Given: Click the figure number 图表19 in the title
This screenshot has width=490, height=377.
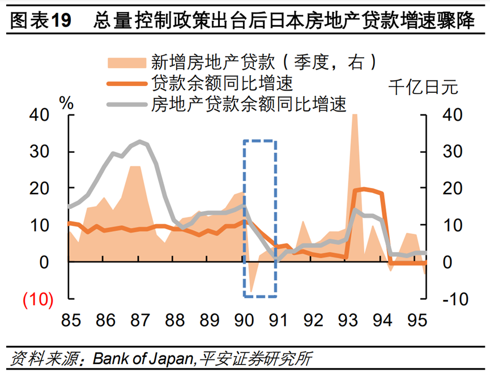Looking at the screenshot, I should [x=41, y=22].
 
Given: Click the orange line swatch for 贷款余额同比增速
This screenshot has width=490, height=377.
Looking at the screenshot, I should [x=126, y=83].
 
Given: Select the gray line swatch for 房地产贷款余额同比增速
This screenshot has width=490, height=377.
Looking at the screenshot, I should [x=126, y=103].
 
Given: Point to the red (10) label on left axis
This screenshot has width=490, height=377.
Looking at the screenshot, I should [x=37, y=299].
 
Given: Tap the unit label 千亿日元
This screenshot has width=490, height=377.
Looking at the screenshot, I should [x=423, y=88].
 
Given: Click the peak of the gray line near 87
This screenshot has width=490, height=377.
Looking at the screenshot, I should [x=140, y=141].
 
